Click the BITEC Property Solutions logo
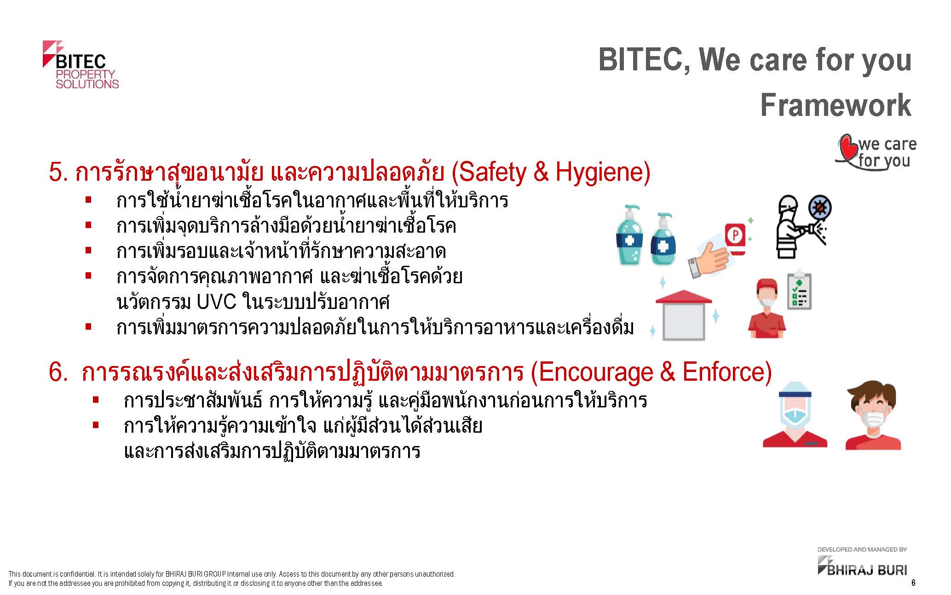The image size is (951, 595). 81,65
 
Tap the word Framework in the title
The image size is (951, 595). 836,105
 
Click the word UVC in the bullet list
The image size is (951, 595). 216,302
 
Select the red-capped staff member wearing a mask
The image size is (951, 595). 767,305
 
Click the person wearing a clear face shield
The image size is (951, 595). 795,415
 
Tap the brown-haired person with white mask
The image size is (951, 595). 873,415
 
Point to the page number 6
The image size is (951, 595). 913,583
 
